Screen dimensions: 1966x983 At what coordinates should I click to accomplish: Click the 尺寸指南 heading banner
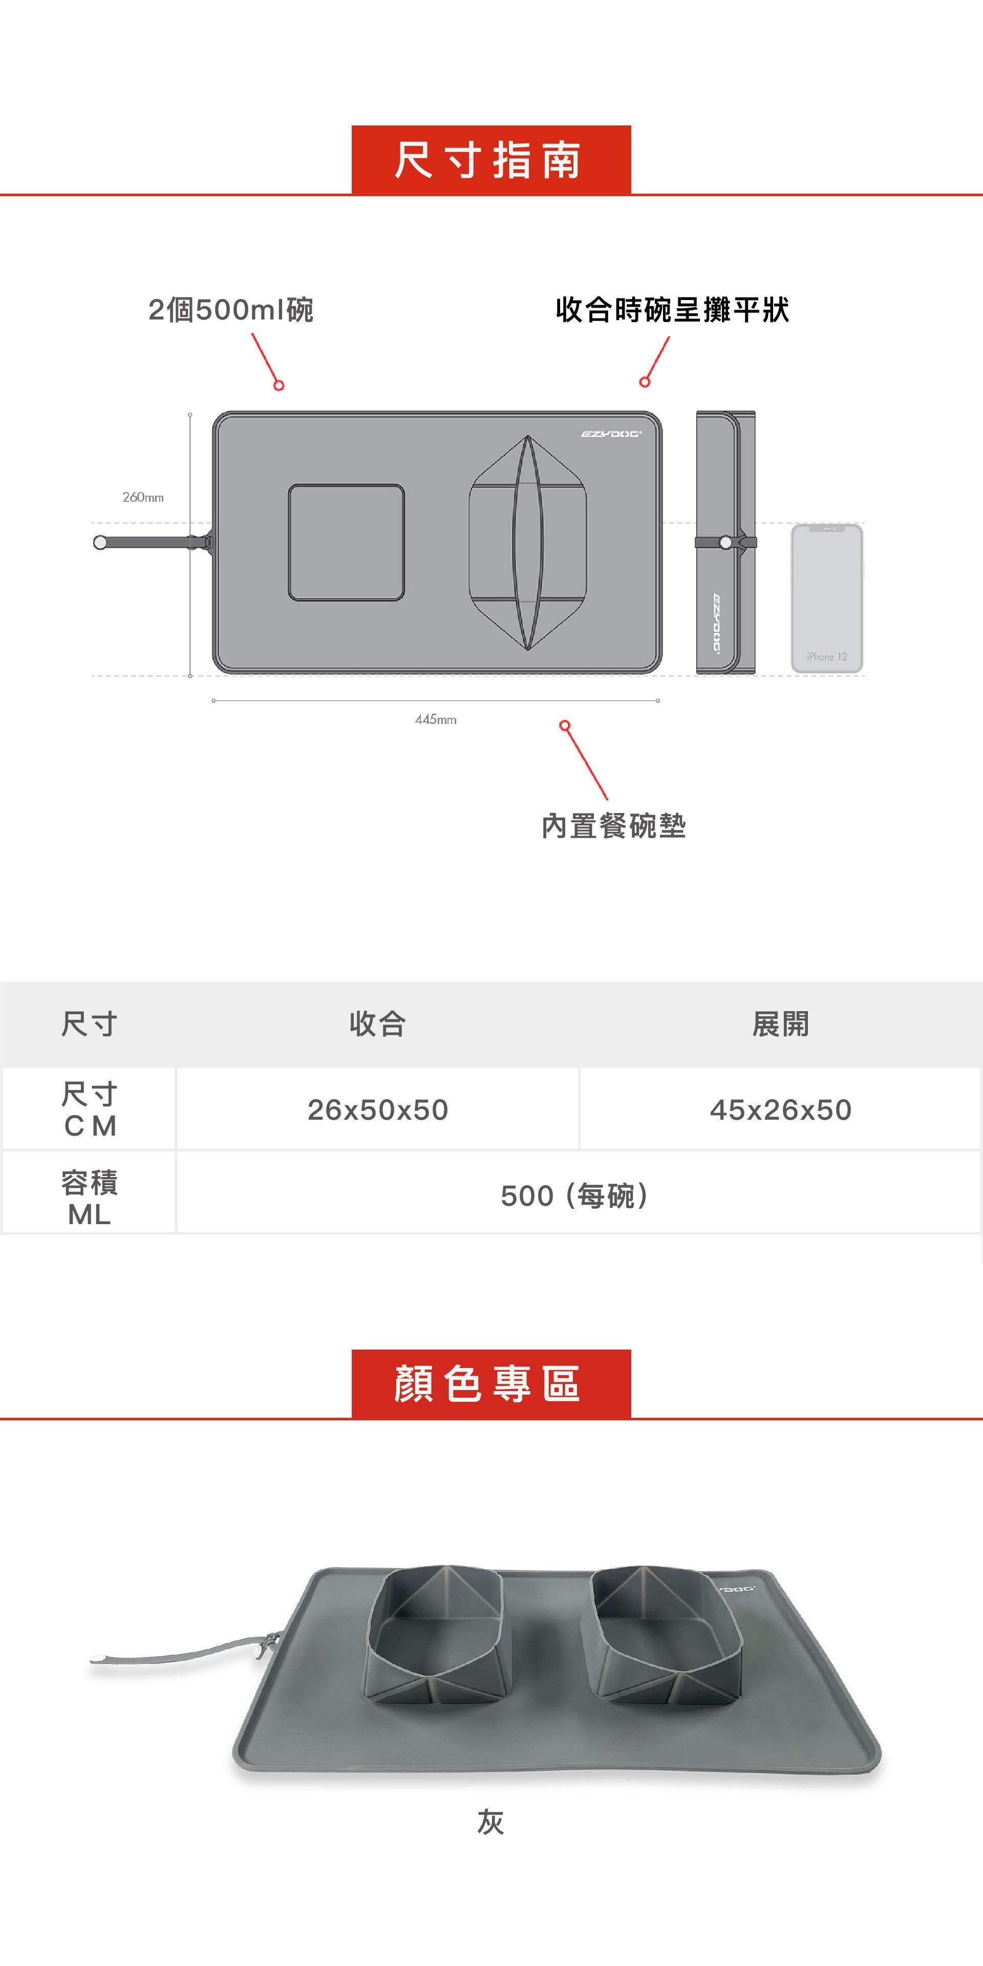491,160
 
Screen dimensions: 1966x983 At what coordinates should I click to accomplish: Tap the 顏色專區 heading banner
491,1384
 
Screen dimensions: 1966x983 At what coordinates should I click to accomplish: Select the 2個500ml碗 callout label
230,310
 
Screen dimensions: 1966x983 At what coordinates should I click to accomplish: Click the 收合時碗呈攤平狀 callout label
672,310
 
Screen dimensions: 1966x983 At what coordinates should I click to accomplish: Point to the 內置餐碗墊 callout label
614,826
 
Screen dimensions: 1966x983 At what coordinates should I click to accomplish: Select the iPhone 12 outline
826,599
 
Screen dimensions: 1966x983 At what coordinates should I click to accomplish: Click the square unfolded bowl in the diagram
346,543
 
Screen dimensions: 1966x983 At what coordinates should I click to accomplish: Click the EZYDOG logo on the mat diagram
611,434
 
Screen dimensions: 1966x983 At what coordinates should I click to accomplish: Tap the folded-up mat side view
725,543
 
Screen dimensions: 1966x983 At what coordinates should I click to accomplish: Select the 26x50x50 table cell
378,1109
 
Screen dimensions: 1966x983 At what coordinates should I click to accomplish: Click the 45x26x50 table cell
780,1109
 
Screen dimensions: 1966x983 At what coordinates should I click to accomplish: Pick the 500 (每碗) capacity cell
576,1195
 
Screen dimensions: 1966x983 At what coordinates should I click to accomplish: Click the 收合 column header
378,1024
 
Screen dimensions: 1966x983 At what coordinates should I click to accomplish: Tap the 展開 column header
780,1024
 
